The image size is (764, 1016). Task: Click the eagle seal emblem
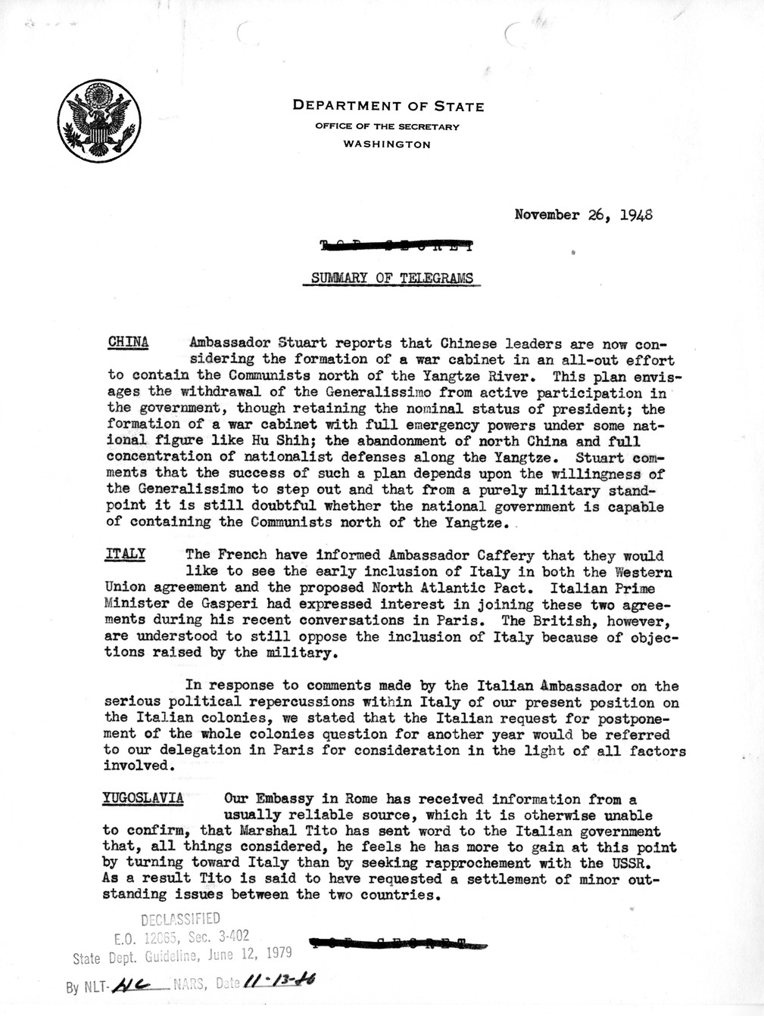click(98, 121)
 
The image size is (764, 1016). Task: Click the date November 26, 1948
click(583, 214)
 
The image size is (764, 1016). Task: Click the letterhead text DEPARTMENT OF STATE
click(388, 107)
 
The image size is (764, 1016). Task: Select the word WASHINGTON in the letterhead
click(387, 144)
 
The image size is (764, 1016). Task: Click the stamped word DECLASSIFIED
click(180, 918)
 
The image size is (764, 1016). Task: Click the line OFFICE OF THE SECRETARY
click(387, 126)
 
